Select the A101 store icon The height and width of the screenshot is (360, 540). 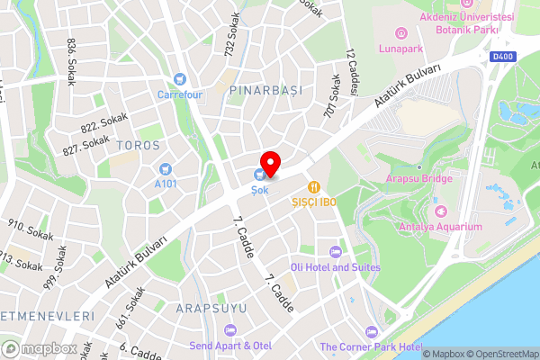click(166, 168)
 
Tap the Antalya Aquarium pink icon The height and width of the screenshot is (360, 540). click(441, 211)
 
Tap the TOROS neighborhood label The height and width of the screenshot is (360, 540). click(139, 145)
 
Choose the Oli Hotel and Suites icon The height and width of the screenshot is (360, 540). click(336, 252)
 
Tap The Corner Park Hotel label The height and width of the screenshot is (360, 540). click(371, 346)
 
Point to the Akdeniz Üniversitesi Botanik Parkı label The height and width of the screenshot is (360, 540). click(464, 22)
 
